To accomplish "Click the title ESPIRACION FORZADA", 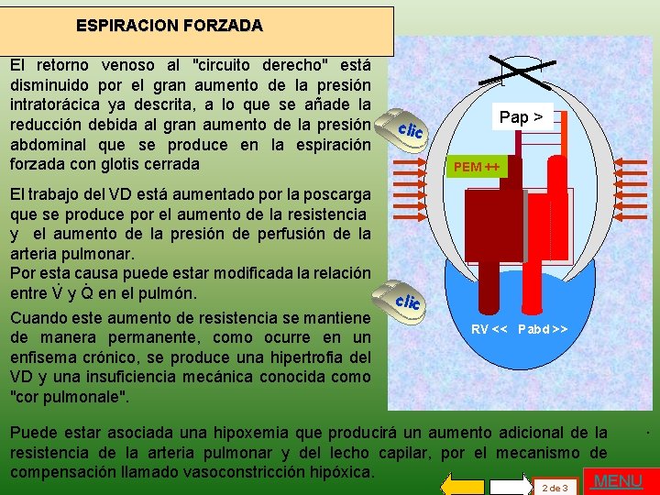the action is pyautogui.click(x=169, y=26).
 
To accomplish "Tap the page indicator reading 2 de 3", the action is pyautogui.click(x=555, y=488).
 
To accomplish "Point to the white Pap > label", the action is pyautogui.click(x=520, y=116).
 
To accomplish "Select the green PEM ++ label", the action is pyautogui.click(x=476, y=167).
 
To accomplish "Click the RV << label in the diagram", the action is pyautogui.click(x=490, y=328).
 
